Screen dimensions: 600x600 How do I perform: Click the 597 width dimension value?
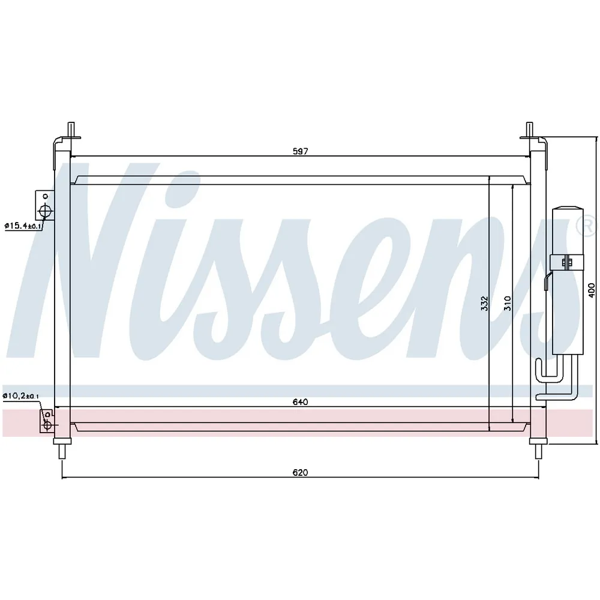[301, 151]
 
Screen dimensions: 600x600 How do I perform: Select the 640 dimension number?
[301, 402]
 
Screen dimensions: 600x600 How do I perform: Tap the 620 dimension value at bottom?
[301, 473]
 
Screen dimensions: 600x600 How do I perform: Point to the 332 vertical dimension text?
[485, 304]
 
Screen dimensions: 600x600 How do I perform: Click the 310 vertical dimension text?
[508, 304]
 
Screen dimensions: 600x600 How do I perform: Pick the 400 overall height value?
[592, 290]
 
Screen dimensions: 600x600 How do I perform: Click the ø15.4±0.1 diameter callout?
[23, 226]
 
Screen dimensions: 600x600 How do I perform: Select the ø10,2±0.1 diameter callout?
[20, 395]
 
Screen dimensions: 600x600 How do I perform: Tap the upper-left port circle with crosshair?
[46, 211]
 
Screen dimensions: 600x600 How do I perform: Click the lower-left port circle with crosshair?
[47, 425]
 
